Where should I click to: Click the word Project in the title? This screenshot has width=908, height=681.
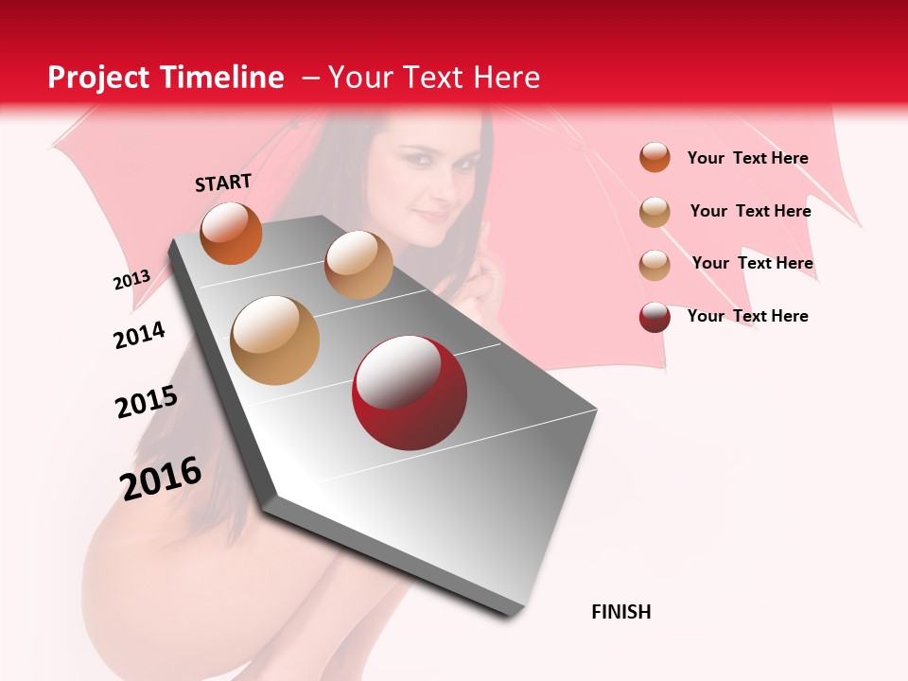pos(98,78)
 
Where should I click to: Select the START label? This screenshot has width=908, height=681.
pos(223,183)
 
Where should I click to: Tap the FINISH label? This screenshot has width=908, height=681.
pos(620,612)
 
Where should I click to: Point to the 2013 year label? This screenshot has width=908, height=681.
pos(131,280)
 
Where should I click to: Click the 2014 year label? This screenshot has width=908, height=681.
pos(139,335)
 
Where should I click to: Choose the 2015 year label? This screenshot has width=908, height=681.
pos(146,402)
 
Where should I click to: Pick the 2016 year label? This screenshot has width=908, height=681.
pos(161,478)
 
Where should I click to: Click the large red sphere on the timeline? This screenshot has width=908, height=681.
pos(409,393)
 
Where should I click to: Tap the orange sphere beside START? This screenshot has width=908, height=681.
pos(231,233)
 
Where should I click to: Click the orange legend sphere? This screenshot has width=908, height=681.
pos(655,158)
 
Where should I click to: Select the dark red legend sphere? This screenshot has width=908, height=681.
pos(655,317)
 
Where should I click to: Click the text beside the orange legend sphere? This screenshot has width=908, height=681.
pos(747,159)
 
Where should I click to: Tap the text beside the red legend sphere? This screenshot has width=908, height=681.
pos(747,316)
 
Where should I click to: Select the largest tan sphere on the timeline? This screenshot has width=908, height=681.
pos(274,340)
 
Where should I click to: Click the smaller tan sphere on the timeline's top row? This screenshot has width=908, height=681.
pos(358,264)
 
